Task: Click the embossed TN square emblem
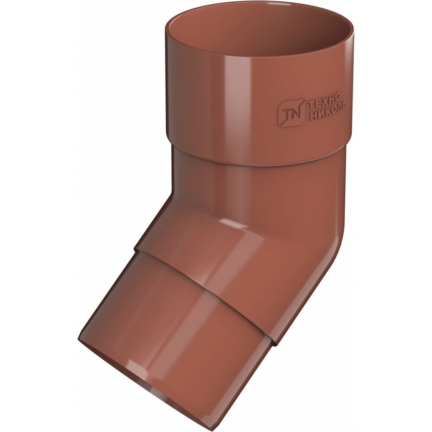pyautogui.click(x=292, y=113)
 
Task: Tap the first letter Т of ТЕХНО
pyautogui.click(x=311, y=105)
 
